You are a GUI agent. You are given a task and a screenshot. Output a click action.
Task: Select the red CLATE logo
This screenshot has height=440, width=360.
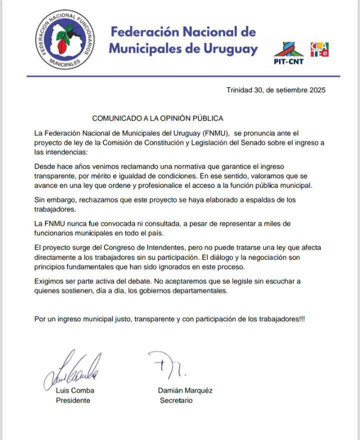(x=319, y=49)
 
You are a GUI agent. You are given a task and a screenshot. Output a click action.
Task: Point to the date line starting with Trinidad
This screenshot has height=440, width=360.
(x=276, y=90)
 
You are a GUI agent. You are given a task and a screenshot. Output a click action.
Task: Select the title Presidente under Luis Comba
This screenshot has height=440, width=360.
(x=73, y=400)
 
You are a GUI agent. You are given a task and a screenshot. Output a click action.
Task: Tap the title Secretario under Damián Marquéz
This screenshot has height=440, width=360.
(x=176, y=400)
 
